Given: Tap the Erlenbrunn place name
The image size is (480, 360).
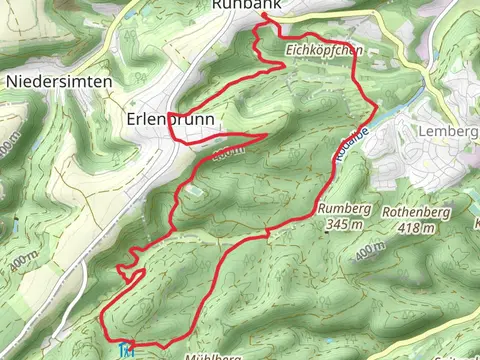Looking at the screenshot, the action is (x=173, y=118).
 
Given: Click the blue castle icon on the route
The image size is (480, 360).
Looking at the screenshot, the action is (x=125, y=350).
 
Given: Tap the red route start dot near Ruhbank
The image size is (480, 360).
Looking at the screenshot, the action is (x=264, y=17).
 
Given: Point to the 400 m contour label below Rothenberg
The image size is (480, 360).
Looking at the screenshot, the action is (x=370, y=250).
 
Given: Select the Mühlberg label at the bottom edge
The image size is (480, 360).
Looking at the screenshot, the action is (x=213, y=355).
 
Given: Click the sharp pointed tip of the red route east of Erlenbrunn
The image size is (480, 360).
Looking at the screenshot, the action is (x=267, y=133).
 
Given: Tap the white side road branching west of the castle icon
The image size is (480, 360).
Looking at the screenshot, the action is (x=100, y=345).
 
